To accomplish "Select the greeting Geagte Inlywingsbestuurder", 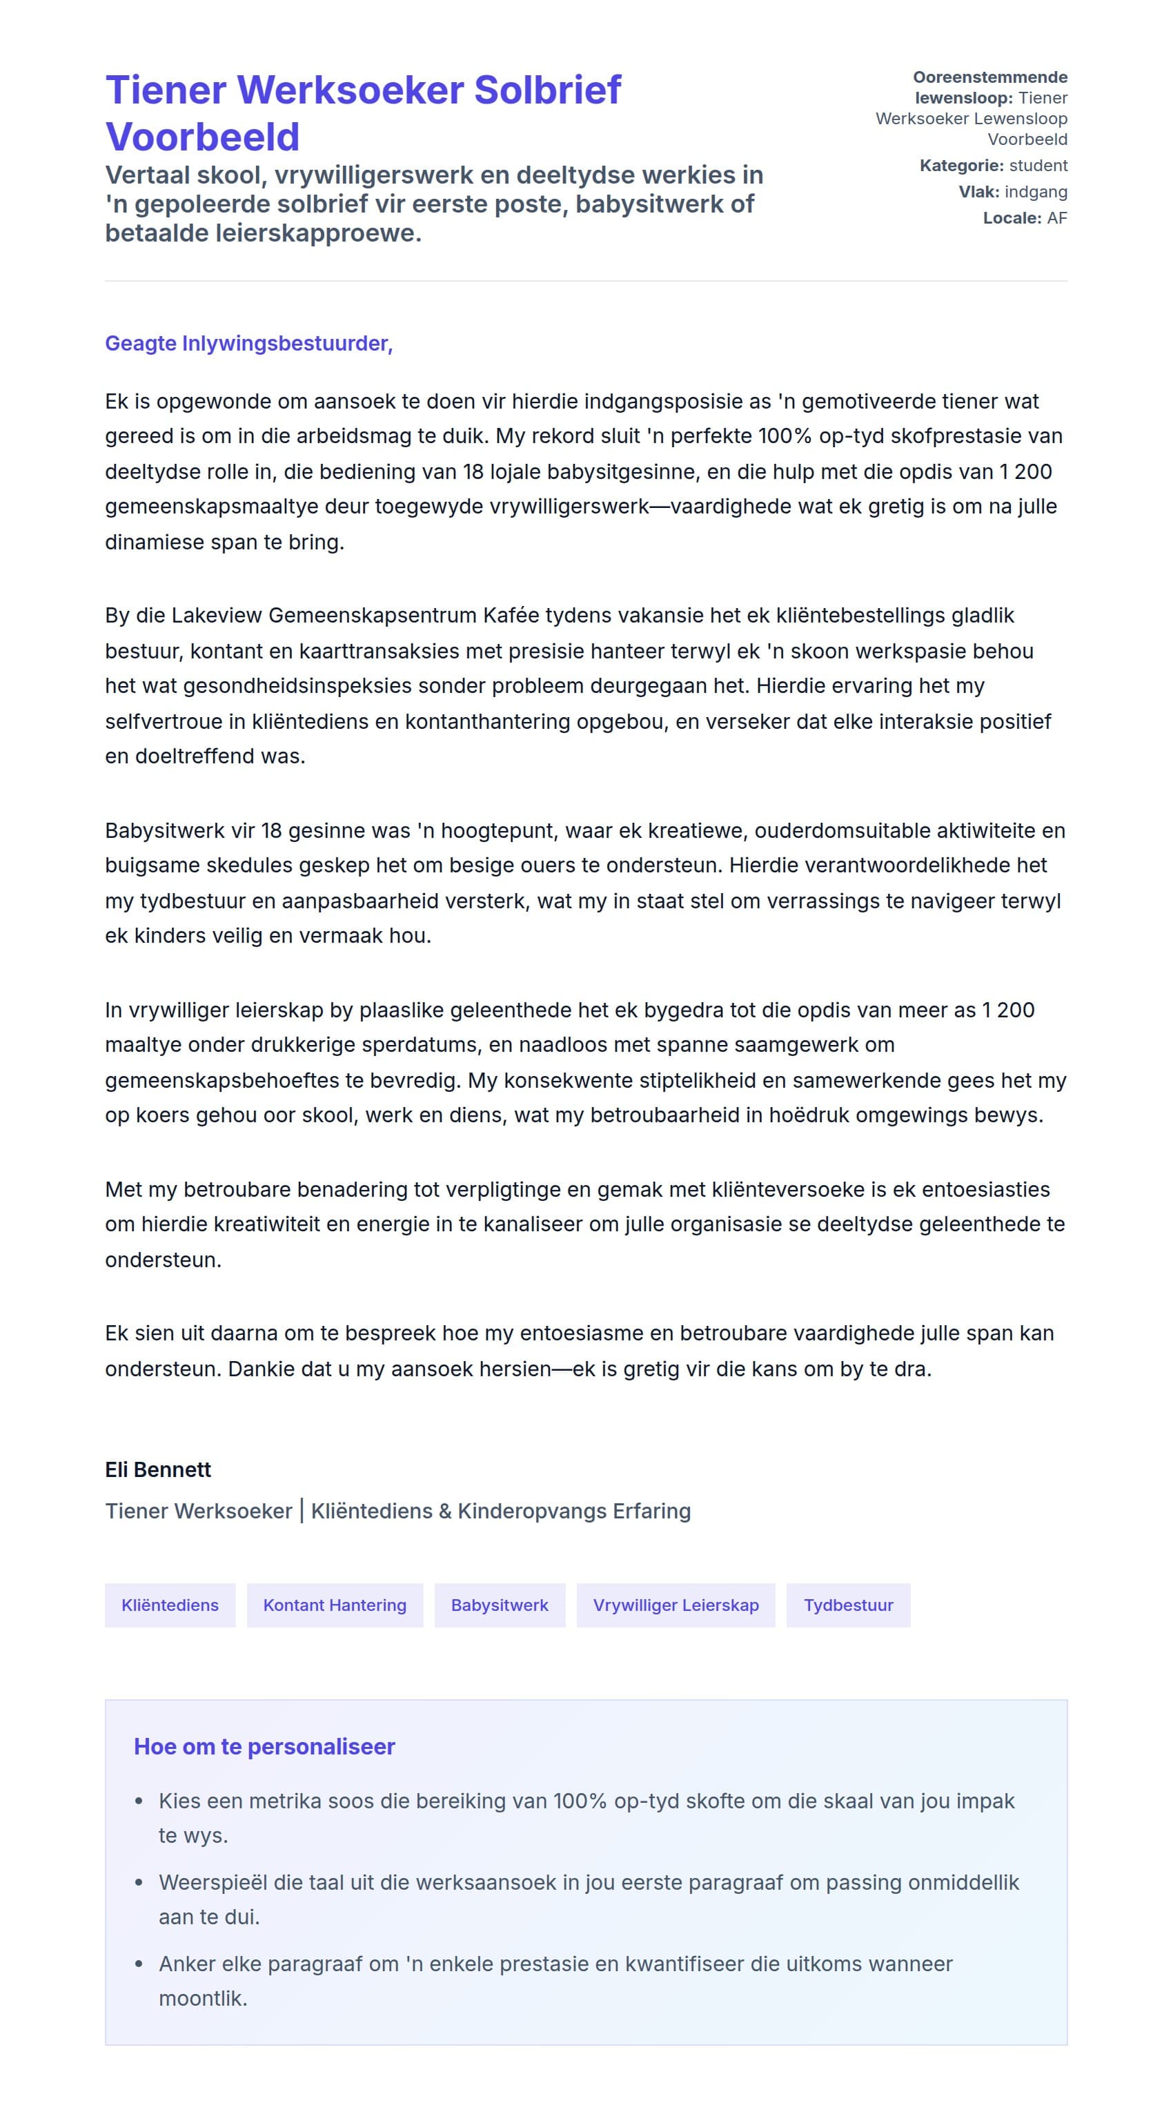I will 248,343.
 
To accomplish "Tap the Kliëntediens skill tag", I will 170,1605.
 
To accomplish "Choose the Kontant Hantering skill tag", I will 335,1605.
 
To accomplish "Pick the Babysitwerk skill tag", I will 499,1605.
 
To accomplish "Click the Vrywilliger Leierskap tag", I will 676,1605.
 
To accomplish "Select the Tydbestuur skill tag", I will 847,1605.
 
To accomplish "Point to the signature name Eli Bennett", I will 158,1469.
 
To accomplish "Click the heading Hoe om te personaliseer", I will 264,1746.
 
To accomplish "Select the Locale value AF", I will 1056,218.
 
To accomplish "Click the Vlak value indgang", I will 1035,192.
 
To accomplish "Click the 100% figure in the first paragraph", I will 785,436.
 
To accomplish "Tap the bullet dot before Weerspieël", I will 139,1882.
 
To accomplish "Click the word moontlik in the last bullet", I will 201,1998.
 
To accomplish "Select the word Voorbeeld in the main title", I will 202,137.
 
